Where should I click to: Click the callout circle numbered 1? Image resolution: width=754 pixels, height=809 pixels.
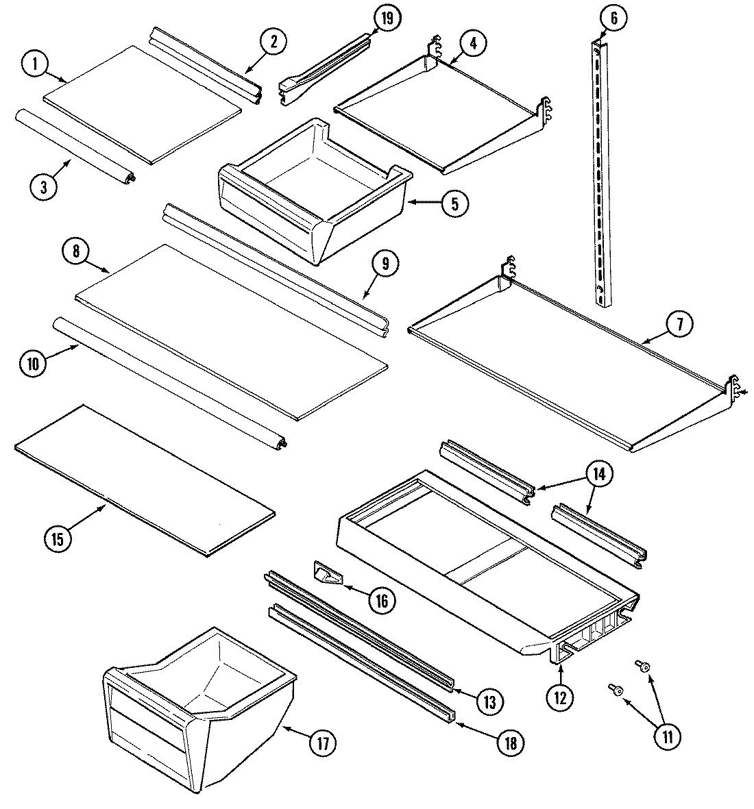tap(34, 64)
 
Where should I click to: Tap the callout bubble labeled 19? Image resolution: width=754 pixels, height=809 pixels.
tap(387, 18)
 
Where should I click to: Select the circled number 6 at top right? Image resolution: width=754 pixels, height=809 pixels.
tap(613, 18)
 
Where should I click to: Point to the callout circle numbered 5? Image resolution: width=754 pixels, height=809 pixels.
tap(454, 203)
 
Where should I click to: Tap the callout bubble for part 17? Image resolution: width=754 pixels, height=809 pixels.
tap(323, 743)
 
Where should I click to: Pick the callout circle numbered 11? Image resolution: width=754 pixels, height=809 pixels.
tap(667, 736)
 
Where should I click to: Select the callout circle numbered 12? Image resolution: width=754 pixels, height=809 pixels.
tap(561, 698)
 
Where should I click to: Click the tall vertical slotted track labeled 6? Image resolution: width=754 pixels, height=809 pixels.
tap(600, 171)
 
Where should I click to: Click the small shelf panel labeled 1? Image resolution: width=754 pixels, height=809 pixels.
tap(143, 103)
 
